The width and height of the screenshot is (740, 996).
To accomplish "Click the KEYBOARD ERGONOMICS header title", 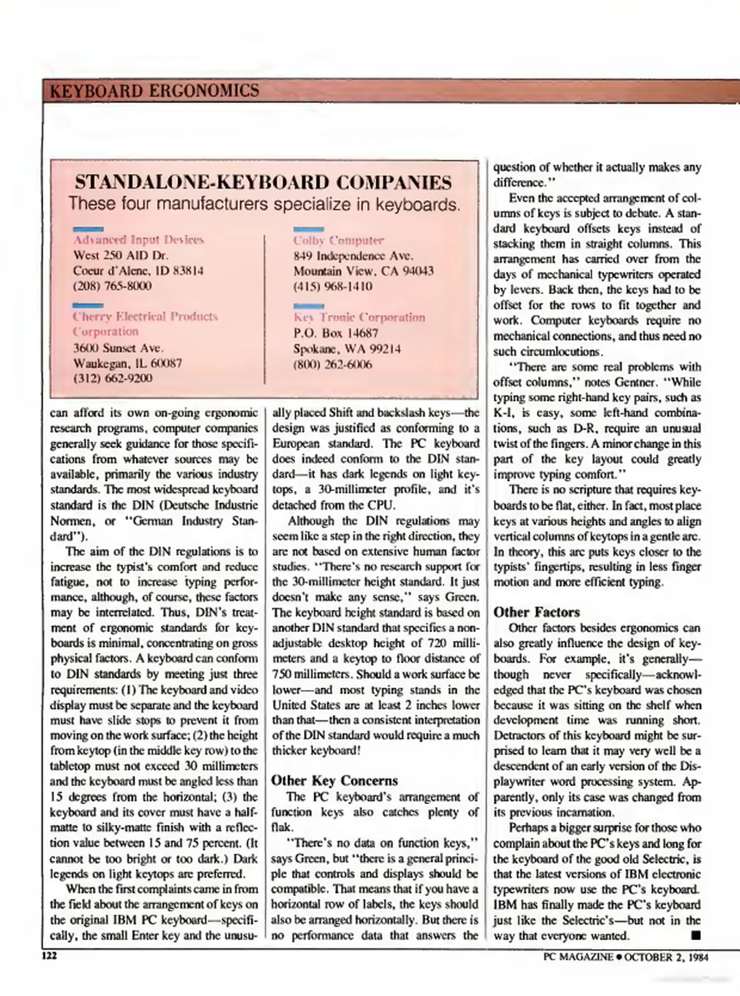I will (x=154, y=90).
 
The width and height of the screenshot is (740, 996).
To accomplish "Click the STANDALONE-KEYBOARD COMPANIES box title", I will (x=263, y=183).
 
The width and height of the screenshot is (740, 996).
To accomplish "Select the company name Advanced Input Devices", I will (x=138, y=240).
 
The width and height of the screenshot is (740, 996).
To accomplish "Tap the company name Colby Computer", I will (x=338, y=240).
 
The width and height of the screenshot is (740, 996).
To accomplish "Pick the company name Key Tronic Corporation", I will (x=359, y=317).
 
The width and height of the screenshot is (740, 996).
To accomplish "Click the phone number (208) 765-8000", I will (x=112, y=286).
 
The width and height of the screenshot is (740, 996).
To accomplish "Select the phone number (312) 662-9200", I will (x=112, y=378).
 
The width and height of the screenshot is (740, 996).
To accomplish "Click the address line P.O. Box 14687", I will (x=336, y=333).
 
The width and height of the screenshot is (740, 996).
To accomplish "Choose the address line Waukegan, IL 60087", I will (x=127, y=363).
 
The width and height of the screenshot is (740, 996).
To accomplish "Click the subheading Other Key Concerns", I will (x=334, y=780).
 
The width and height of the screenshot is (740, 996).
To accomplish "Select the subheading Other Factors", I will (x=536, y=612).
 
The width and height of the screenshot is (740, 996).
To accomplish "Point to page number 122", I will (x=49, y=956).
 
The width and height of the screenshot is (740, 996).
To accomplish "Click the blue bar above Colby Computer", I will (x=308, y=229).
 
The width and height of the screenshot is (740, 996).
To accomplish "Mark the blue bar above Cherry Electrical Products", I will (x=88, y=305).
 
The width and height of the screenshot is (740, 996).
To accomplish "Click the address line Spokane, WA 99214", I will (x=347, y=349).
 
